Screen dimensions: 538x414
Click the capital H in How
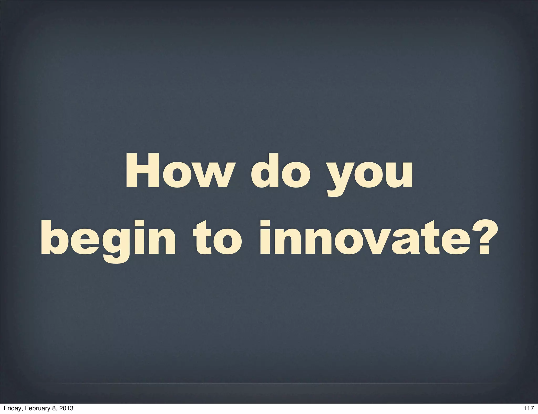143,171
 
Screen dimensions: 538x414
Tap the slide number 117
528,408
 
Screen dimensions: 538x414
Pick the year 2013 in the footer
67,408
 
